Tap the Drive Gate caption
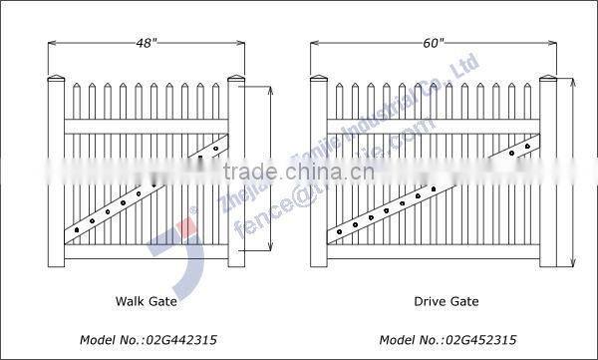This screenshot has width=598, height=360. tap(446, 299)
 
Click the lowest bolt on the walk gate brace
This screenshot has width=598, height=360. tap(74, 232)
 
